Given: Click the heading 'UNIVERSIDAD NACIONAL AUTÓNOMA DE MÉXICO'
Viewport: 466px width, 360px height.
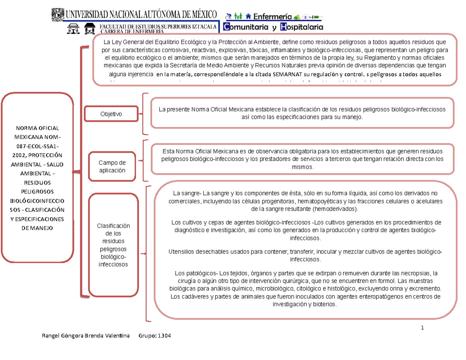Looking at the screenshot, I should click(x=142, y=15).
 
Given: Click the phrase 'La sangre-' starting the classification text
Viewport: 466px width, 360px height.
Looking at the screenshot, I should click(x=186, y=193).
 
